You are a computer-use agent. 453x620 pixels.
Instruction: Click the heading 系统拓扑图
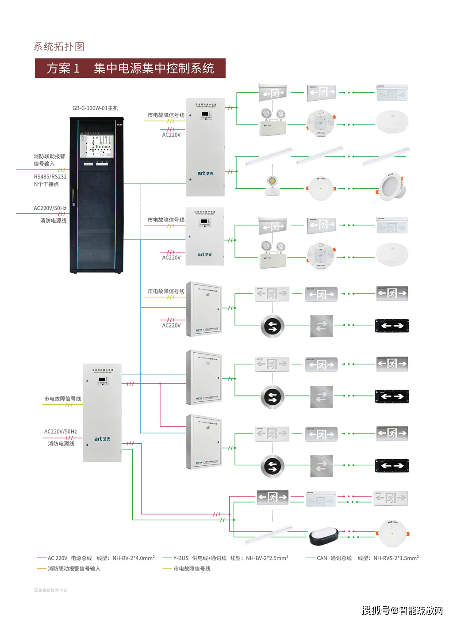tap(59, 47)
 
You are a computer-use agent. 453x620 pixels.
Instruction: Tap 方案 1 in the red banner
tap(63, 68)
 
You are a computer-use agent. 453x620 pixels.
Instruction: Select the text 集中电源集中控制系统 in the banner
tap(154, 68)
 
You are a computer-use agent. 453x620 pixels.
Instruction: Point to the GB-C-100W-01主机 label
tap(95, 108)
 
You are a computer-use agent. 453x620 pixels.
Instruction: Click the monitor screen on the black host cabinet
tap(96, 146)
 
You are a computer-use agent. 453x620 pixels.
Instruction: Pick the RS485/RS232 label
tap(50, 177)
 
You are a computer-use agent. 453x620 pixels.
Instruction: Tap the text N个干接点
tap(46, 184)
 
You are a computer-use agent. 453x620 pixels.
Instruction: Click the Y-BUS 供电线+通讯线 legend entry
tap(200, 558)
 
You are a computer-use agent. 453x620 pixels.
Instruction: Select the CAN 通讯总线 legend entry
tap(334, 558)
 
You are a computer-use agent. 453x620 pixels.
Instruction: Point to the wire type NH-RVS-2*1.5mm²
tap(396, 558)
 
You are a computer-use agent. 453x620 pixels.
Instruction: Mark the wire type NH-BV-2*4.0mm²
tap(133, 558)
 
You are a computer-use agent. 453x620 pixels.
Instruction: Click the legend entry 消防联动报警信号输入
tap(74, 569)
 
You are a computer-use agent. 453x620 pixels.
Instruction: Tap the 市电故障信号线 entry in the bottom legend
tap(192, 569)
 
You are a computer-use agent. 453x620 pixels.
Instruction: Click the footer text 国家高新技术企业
tap(50, 590)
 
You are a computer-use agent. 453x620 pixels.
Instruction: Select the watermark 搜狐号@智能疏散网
tap(402, 610)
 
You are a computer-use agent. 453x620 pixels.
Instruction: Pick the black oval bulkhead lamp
tap(323, 536)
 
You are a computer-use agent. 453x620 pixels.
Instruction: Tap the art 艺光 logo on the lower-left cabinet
tap(102, 439)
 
